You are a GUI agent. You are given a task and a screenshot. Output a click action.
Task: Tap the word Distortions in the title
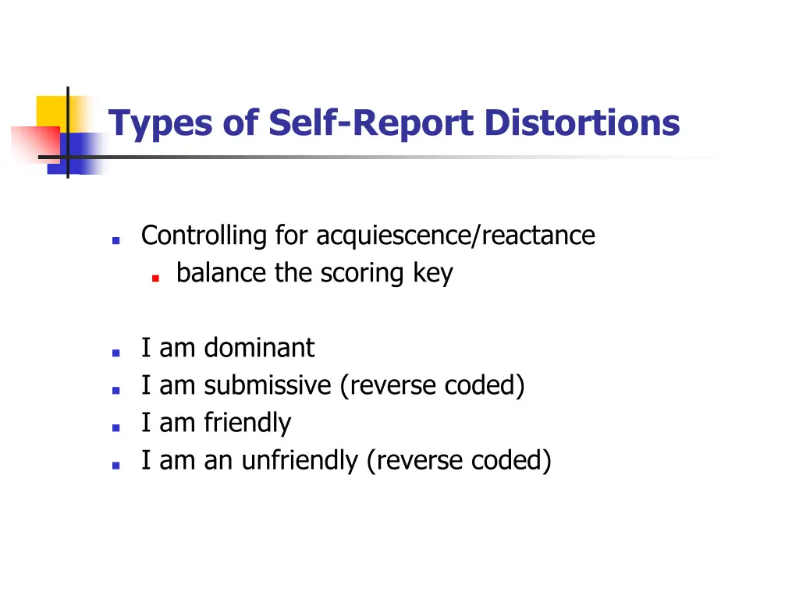click(x=581, y=123)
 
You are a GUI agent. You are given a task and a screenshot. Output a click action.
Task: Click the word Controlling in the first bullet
click(x=204, y=235)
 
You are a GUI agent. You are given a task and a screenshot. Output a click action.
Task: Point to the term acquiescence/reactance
click(x=456, y=235)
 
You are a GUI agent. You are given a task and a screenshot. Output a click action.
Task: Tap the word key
click(x=433, y=273)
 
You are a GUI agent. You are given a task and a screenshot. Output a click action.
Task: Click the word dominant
click(x=259, y=348)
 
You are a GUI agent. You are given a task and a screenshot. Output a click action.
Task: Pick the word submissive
click(x=268, y=385)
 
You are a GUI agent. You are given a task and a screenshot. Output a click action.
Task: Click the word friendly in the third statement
click(x=247, y=423)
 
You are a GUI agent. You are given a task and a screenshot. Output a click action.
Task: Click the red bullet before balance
click(x=156, y=277)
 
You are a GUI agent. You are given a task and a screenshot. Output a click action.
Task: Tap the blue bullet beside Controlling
click(x=115, y=240)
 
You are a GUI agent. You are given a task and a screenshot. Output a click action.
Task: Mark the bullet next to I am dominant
click(x=115, y=353)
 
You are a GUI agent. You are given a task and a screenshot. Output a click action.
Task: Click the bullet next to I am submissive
click(x=115, y=390)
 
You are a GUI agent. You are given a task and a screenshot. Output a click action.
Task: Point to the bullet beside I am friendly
click(x=115, y=427)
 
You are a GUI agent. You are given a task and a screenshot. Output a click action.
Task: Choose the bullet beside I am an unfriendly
click(x=115, y=466)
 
